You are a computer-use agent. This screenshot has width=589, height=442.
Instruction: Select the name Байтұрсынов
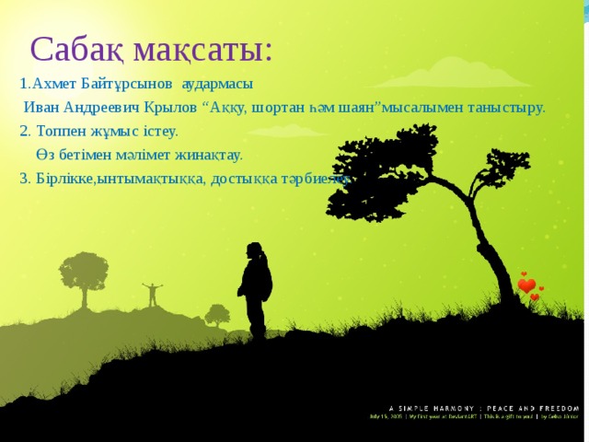tap(127, 83)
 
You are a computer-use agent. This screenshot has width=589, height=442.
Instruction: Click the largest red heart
tap(526, 286)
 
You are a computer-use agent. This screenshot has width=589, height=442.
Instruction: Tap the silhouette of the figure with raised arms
tap(152, 295)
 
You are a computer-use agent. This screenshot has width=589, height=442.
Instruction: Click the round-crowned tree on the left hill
tap(85, 271)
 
